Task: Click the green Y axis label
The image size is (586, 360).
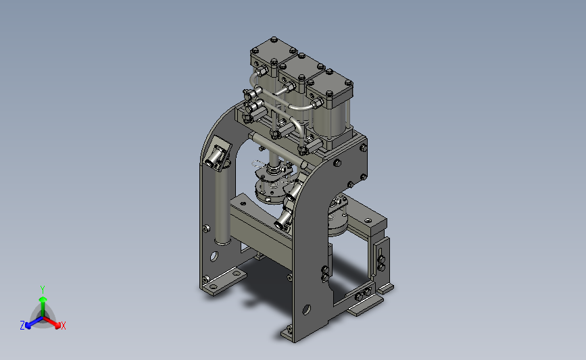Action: [43, 290]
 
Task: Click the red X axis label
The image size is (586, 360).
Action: [63, 326]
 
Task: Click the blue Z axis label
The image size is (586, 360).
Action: [22, 326]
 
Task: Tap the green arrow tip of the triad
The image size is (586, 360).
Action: [43, 299]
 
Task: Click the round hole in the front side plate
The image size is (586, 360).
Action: [306, 309]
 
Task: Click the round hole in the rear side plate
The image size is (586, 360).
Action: [214, 257]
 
